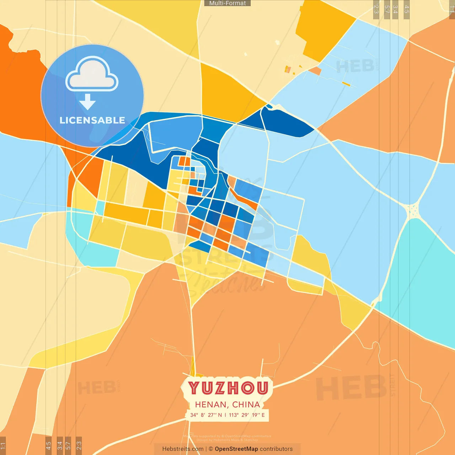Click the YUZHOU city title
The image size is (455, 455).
pos(228,388)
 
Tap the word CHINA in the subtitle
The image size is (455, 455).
pos(246,405)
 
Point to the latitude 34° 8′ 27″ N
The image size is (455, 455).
pos(206,415)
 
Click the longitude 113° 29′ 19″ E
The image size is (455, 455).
pos(247,415)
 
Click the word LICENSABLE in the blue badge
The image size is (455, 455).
pos(92,121)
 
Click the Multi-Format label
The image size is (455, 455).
pos(227,3)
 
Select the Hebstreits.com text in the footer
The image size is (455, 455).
pos(183,449)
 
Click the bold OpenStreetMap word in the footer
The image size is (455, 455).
pos(236,449)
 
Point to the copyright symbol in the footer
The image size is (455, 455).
pos(211,449)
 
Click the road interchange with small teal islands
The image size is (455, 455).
pos(412,210)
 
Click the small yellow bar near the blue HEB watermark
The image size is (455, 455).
pos(346,84)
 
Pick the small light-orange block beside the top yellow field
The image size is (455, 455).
pos(315,71)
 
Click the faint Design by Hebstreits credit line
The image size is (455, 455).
pos(227,440)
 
